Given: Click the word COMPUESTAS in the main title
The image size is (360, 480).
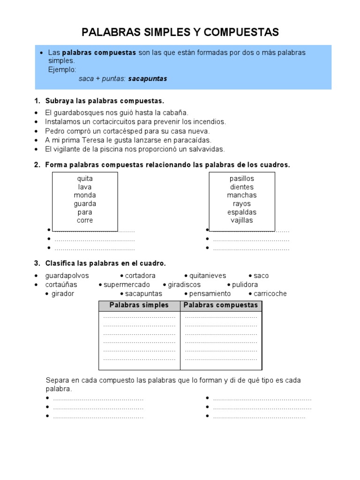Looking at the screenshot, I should pyautogui.click(x=241, y=32).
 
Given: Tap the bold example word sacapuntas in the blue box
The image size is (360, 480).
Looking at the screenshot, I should pyautogui.click(x=148, y=79).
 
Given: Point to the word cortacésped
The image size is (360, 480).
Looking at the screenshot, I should pyautogui.click(x=131, y=131).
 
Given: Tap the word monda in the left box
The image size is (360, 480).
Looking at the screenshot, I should pyautogui.click(x=85, y=195).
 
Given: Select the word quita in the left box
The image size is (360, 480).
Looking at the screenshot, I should pyautogui.click(x=85, y=179).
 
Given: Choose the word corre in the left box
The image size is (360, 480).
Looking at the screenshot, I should pyautogui.click(x=85, y=220).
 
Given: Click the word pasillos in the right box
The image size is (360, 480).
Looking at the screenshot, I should pyautogui.click(x=242, y=179).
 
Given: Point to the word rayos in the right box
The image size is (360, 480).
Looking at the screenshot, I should pyautogui.click(x=242, y=204).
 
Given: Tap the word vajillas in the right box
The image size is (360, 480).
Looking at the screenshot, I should pyautogui.click(x=242, y=220).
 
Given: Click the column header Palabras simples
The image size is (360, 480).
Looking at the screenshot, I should pyautogui.click(x=139, y=305).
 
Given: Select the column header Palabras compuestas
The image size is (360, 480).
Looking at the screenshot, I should pyautogui.click(x=221, y=305).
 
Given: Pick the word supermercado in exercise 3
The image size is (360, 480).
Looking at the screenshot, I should pyautogui.click(x=127, y=285).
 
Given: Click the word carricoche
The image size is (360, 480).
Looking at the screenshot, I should pyautogui.click(x=270, y=293).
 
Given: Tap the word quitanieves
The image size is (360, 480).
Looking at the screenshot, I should pyautogui.click(x=208, y=276).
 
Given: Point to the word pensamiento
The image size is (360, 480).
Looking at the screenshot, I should pyautogui.click(x=210, y=293).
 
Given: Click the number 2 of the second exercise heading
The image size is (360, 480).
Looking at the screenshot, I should pyautogui.click(x=37, y=165).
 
